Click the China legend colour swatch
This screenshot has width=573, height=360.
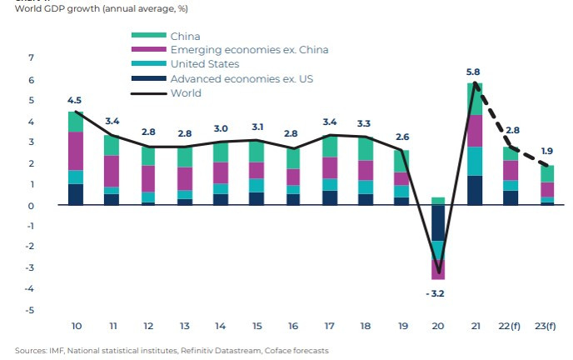tap(148, 36)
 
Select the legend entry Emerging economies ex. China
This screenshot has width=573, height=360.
tap(249, 50)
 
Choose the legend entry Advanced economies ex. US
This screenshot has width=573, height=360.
tap(241, 79)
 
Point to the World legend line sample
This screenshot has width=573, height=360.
tap(148, 93)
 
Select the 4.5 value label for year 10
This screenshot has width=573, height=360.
tap(75, 101)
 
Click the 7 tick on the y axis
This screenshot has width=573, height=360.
tap(32, 58)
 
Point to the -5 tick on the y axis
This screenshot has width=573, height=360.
tap(30, 310)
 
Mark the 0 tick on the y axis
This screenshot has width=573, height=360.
tap(32, 205)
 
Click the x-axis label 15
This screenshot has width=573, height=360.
tap(257, 325)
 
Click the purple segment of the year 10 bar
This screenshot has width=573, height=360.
tap(75, 151)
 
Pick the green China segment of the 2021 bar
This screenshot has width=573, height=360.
tap(475, 98)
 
